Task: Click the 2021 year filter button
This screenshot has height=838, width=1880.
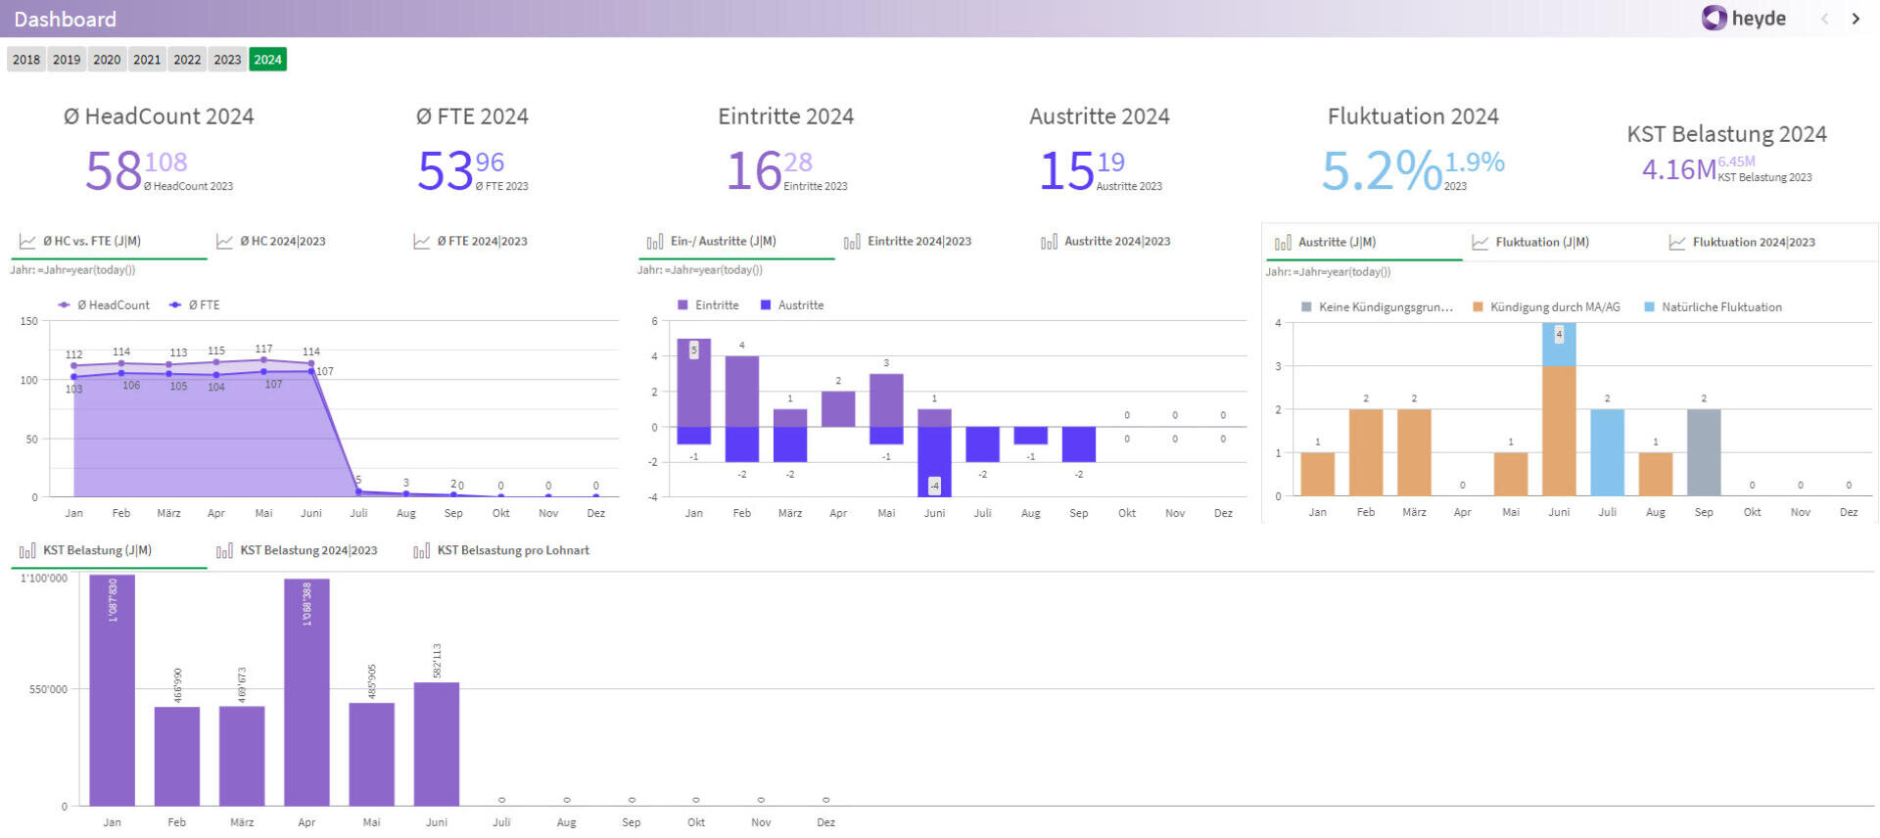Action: click(147, 60)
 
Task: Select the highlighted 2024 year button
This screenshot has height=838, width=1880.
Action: click(267, 60)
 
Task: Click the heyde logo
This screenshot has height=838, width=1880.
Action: click(1744, 19)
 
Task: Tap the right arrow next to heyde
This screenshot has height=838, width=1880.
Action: click(1856, 19)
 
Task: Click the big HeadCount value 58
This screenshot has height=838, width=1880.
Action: click(114, 171)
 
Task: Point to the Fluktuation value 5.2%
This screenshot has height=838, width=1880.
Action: click(1381, 171)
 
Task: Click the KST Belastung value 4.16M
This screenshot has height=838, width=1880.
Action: click(1678, 170)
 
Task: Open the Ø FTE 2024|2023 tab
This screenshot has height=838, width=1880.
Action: click(481, 241)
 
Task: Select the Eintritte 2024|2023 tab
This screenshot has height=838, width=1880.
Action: click(918, 241)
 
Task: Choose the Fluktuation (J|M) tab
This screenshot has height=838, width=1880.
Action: click(1541, 242)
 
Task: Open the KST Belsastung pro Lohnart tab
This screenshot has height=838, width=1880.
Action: click(512, 550)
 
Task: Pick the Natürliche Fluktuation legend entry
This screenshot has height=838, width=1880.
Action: click(1720, 307)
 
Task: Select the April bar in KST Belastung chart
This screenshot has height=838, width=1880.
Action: click(306, 690)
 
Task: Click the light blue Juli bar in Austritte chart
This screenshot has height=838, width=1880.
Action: click(1607, 452)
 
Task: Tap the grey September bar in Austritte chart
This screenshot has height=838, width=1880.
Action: click(1703, 452)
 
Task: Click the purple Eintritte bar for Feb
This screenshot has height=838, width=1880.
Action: click(742, 392)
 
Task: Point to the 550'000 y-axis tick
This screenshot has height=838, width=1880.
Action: click(48, 689)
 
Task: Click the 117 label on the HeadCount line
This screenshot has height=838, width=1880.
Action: click(263, 349)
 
